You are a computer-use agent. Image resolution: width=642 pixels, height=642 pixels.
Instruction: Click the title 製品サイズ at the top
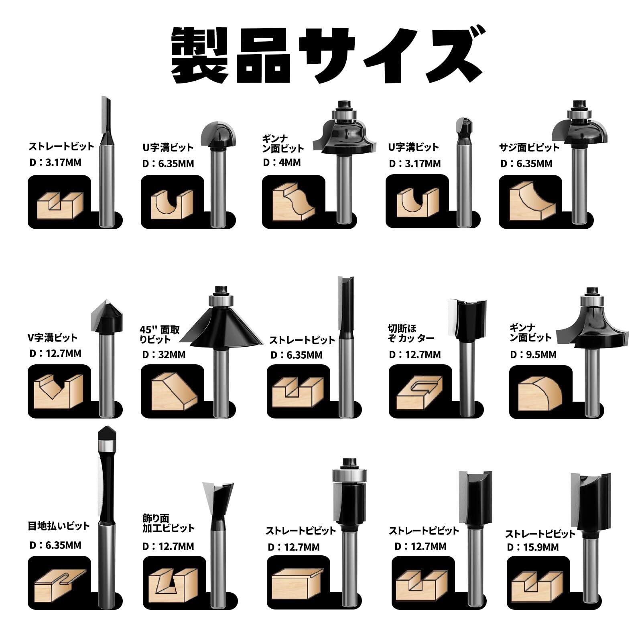tap(321, 55)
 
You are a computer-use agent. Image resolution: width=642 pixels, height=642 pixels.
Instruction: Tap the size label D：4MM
tap(282, 163)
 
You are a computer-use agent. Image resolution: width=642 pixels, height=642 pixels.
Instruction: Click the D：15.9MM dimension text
tap(532, 547)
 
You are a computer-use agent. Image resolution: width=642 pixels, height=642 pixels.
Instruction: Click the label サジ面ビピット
tap(529, 147)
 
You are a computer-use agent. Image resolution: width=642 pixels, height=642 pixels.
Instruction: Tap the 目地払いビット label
tap(59, 526)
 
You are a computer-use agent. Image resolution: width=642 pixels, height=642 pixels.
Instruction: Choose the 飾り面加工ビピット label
tap(169, 523)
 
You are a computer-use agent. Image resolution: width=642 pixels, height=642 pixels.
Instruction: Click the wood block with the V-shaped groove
tap(58, 391)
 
